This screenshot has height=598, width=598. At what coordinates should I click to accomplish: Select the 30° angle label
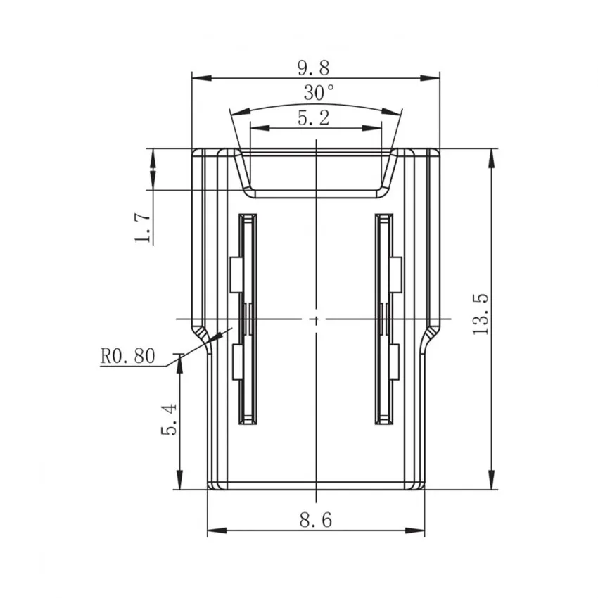coord(319,92)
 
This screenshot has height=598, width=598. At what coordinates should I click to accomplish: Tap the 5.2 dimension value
coord(314,117)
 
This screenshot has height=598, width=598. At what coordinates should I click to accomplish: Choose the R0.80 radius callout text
coord(127,357)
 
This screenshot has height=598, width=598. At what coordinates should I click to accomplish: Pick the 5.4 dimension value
coord(169,420)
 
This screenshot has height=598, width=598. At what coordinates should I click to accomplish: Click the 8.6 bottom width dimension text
coord(315,521)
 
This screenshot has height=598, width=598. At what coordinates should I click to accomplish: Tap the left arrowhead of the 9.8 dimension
coord(198,77)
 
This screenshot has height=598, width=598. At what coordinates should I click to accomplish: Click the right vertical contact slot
coord(384,319)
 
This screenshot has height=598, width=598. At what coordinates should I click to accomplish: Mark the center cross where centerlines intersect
coord(316,319)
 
